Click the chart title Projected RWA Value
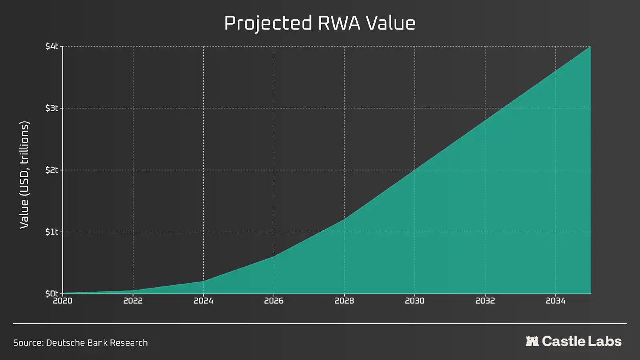320,23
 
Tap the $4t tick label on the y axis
52,46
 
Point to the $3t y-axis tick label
52,108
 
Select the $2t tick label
52,170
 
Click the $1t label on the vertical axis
52,232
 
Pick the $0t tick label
52,294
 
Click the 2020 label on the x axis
63,301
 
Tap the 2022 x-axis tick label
133,301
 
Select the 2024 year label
204,301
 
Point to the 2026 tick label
274,301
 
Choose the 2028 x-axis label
344,301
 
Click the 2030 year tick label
415,301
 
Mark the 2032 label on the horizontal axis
485,301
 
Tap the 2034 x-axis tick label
556,301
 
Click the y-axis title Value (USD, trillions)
24,174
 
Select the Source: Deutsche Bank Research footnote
80,343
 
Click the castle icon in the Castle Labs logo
532,341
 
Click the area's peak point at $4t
590,47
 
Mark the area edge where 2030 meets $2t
415,170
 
